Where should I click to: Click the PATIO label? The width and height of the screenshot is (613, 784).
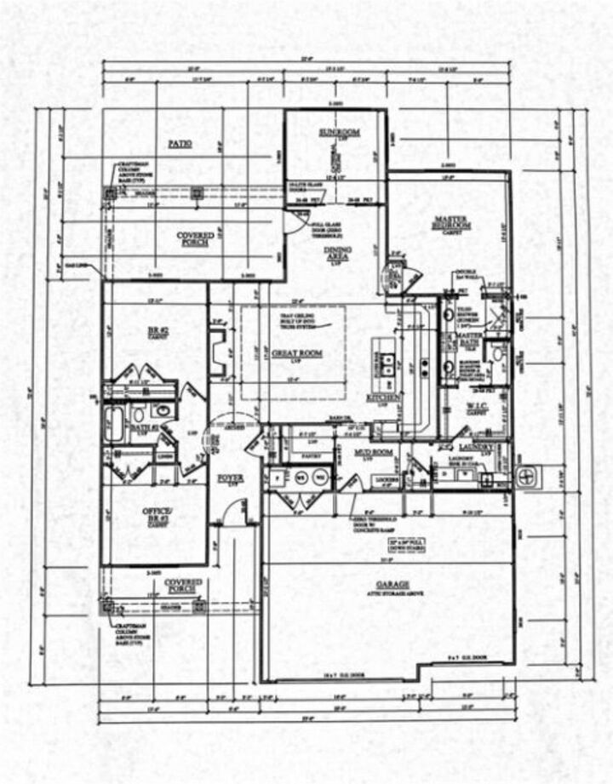click(x=179, y=145)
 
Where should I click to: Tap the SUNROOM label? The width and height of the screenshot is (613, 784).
click(x=340, y=133)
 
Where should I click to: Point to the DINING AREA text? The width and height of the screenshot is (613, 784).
click(x=337, y=253)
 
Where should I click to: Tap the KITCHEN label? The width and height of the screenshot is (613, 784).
click(x=377, y=398)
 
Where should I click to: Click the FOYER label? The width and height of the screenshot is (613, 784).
click(x=230, y=479)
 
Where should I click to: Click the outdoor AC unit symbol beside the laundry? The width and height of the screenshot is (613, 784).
click(x=526, y=474)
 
